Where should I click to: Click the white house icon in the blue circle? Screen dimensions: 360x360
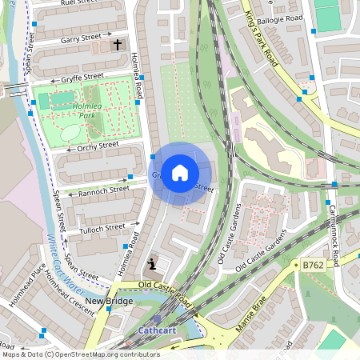coord(180,172)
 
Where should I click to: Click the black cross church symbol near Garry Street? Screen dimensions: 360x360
coord(118,45)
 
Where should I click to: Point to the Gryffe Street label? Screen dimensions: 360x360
coord(82,77)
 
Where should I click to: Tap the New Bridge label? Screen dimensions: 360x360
coord(109,301)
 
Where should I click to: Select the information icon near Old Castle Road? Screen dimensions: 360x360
coord(151,263)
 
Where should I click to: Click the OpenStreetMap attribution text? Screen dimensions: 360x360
coord(80,354)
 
